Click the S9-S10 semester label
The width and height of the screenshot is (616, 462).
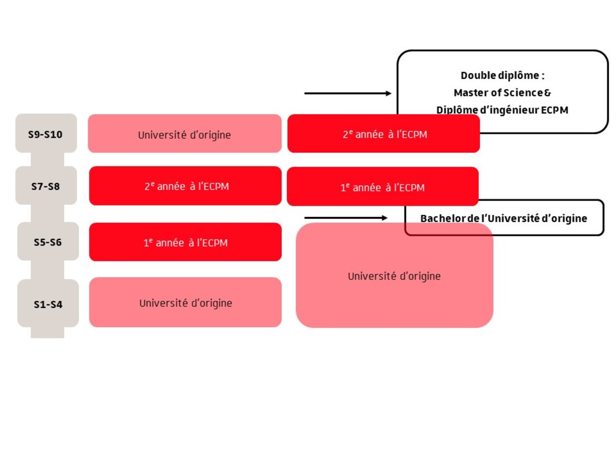coord(46,134)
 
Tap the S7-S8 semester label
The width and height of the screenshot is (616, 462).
coord(46,186)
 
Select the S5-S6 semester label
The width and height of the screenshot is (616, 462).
coord(48,242)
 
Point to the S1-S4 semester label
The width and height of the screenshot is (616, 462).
coord(48,304)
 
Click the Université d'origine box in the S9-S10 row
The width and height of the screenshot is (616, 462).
coord(184,134)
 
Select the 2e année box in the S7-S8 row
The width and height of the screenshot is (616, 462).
coord(185,186)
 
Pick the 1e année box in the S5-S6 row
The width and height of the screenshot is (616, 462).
coord(185,242)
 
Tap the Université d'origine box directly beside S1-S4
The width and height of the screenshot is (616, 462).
coord(185,302)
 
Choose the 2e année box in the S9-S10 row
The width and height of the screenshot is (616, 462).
coord(384,134)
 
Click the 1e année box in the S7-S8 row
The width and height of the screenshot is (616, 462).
coord(382,187)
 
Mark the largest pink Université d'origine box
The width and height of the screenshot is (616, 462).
coord(394,276)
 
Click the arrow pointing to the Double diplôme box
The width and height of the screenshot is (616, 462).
coord(347,93)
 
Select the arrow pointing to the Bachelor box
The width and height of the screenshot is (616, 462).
coord(346,218)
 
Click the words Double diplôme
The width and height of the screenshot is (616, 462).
coord(502,75)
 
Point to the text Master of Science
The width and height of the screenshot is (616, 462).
coord(495,92)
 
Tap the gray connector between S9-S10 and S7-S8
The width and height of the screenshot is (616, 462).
coord(47,160)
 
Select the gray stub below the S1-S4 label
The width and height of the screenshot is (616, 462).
coord(47,333)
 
